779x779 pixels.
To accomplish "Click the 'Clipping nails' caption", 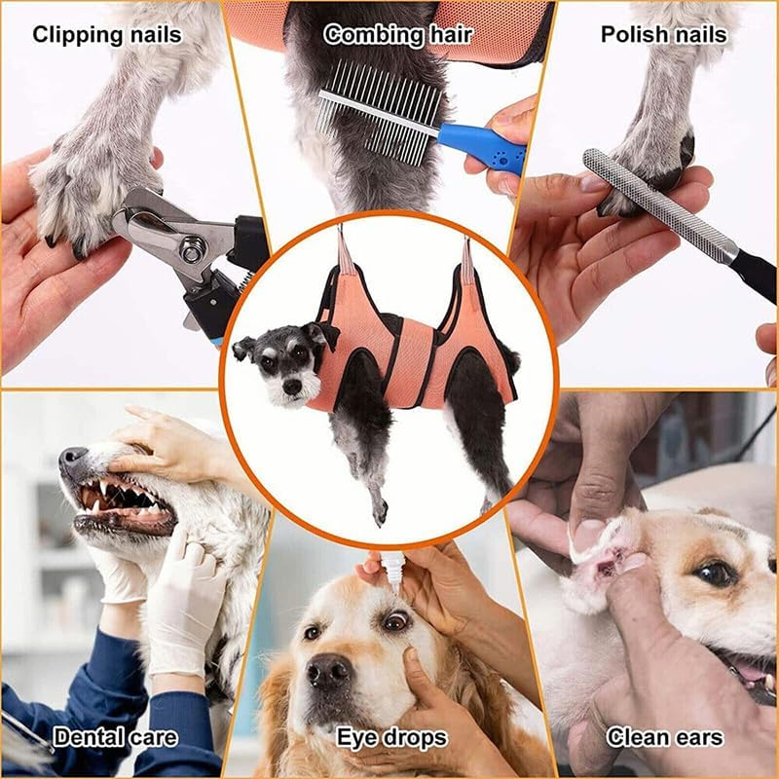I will pos(106,35).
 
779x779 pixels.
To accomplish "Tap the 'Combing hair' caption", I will pos(397,35).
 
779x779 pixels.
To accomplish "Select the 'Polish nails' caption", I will pos(662,35).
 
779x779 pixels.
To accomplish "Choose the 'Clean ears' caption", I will pos(665,737).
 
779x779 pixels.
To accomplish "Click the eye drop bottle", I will pos(393,571).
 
